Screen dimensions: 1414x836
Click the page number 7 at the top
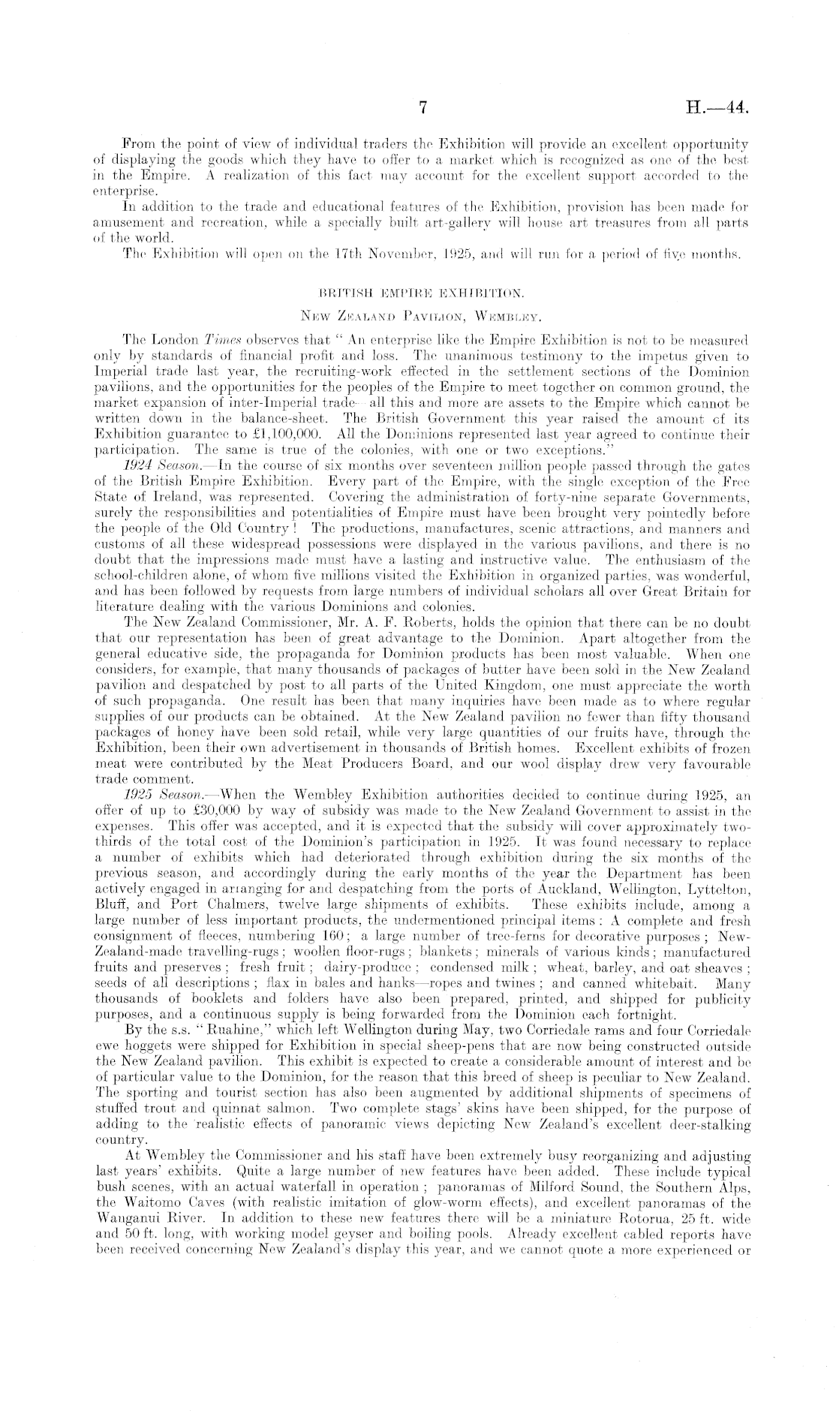coord(423,108)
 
